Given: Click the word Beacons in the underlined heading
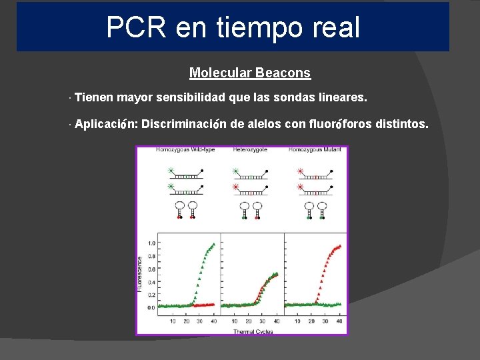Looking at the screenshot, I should point(283,73).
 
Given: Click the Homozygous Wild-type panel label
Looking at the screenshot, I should point(181,150).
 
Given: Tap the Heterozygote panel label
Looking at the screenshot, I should point(250,150).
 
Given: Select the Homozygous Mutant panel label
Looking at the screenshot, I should point(315,150).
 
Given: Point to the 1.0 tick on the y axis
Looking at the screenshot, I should point(151,243).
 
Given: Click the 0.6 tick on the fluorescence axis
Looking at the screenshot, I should point(151,269).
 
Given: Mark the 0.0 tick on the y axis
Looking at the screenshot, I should point(151,308).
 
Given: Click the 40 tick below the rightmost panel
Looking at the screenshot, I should point(340,321).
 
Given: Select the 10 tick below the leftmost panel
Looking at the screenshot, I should point(172,321).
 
